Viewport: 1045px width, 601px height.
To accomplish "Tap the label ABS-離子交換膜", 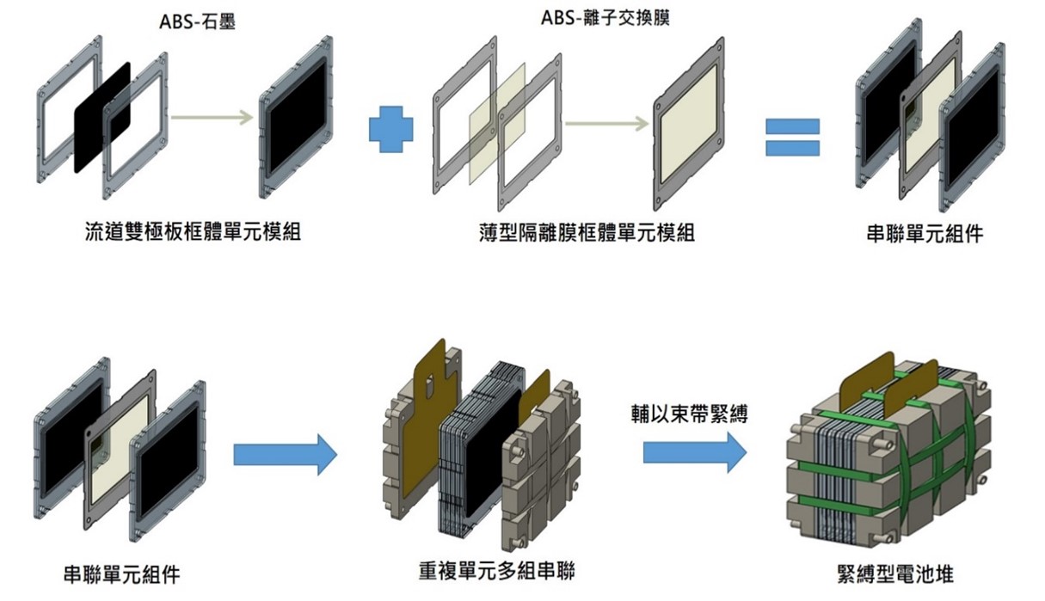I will [x=605, y=18].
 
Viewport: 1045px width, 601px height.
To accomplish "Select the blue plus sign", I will [x=390, y=129].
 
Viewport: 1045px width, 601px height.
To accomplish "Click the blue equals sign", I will [x=792, y=137].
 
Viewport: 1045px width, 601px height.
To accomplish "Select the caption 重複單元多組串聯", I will [x=497, y=570].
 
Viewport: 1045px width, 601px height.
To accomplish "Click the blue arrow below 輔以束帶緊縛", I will [x=694, y=451].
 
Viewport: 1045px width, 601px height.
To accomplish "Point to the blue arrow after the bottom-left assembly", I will [x=285, y=455].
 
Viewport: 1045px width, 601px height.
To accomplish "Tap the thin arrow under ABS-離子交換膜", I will [x=606, y=125].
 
